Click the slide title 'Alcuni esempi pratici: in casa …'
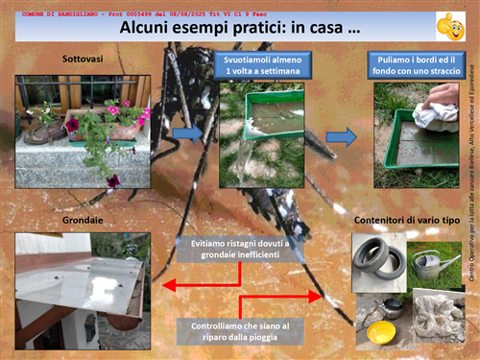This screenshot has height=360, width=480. click(x=240, y=29)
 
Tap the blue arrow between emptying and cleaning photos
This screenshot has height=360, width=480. click(x=340, y=134)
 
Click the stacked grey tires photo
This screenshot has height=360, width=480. click(x=379, y=260)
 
